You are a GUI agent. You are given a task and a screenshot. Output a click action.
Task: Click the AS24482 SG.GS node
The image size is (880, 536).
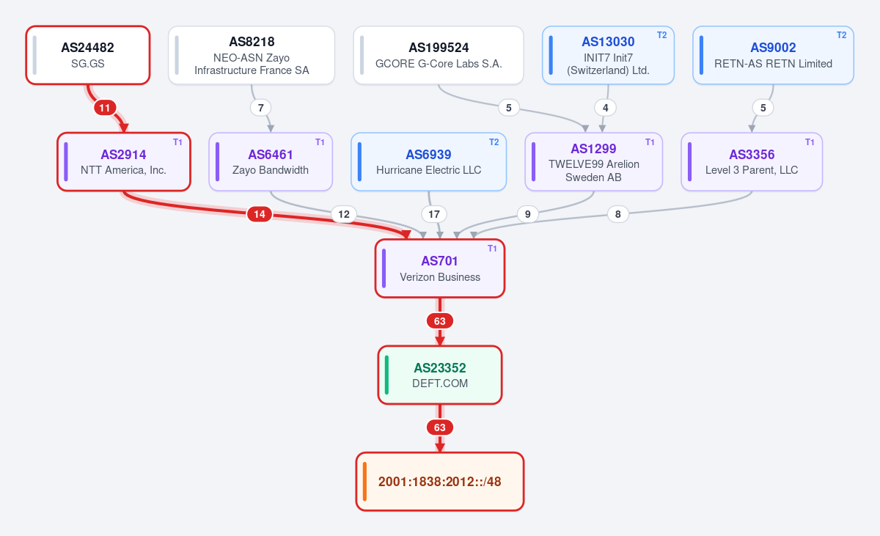point(88,55)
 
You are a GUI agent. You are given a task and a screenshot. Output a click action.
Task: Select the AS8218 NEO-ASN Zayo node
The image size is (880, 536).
point(252,55)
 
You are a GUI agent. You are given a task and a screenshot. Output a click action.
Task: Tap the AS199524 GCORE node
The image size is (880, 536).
point(439,55)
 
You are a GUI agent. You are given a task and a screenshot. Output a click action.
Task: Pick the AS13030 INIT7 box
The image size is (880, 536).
point(608,55)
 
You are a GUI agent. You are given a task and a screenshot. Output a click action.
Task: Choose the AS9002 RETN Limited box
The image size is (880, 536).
point(773,55)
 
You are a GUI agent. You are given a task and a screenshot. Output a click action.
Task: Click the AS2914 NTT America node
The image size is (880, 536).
point(124,162)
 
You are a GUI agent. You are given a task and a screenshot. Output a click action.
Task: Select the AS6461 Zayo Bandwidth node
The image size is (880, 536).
point(271,162)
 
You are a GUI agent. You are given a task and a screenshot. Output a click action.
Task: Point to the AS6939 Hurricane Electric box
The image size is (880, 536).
point(428,162)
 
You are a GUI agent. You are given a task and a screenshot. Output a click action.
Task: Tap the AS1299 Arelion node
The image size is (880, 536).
point(593,162)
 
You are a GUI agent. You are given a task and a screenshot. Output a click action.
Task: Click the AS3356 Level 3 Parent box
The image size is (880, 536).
point(752,162)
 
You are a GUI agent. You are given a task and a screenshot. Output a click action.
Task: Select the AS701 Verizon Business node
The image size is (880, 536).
point(439,268)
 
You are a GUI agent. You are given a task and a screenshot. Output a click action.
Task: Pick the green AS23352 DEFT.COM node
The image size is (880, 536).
point(439,375)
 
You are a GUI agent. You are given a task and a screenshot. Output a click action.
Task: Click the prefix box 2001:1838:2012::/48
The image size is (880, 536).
point(439,482)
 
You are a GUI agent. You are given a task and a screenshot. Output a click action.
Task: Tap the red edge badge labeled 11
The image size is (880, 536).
point(104,108)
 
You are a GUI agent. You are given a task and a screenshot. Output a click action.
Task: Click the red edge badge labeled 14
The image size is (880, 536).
point(260,214)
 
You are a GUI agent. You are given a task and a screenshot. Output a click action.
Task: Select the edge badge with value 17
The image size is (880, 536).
point(433,214)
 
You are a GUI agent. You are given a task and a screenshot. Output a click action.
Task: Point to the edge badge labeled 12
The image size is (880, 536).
point(344,214)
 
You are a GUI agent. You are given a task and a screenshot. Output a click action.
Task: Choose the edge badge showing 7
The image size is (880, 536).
point(260,108)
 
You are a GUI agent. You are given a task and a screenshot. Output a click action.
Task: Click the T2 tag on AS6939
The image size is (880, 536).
point(494,142)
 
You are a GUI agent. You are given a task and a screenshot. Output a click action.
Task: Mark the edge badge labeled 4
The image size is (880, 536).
point(606,108)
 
